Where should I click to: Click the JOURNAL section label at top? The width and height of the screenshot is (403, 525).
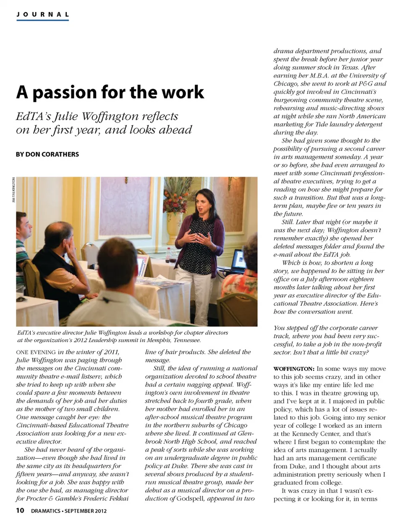(x=42, y=14)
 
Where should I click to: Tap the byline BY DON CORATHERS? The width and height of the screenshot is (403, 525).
(x=47, y=154)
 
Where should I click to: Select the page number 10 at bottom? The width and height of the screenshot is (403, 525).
(x=20, y=510)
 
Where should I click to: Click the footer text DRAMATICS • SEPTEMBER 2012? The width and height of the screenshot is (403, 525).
(x=69, y=511)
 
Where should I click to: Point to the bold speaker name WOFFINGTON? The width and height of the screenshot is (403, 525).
(x=294, y=369)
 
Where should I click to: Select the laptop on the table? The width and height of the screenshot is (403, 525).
(x=238, y=260)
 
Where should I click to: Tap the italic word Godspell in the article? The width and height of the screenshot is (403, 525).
(x=194, y=499)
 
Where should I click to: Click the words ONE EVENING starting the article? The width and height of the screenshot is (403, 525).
(x=36, y=352)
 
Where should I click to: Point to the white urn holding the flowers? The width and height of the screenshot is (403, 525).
(x=175, y=226)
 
